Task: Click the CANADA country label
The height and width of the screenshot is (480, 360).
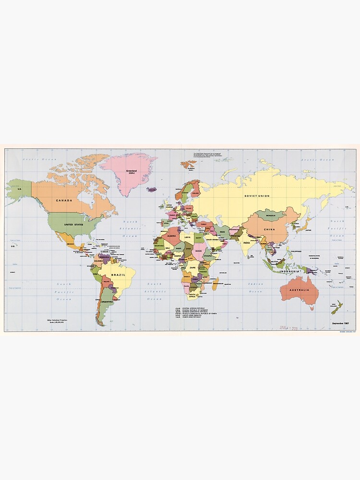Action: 64,201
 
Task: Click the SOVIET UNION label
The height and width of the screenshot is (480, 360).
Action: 257,196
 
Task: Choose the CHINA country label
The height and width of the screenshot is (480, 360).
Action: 269,229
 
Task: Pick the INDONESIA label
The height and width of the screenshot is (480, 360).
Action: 291,271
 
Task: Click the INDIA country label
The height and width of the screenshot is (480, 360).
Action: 246,242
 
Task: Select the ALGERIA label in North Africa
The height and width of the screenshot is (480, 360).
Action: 172,236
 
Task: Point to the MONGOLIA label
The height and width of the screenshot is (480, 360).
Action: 271,216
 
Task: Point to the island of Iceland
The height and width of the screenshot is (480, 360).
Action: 152,190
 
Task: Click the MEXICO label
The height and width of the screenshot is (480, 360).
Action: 71,244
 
